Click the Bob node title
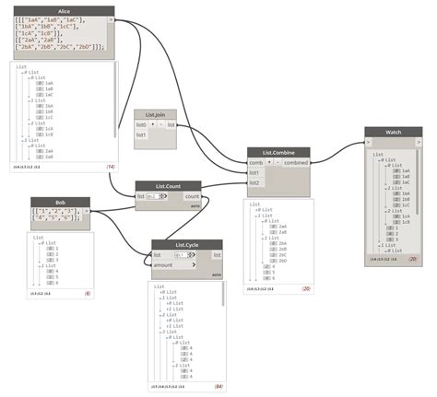click(60, 202)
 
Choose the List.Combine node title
click(278, 152)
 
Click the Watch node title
click(394, 132)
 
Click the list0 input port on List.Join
click(141, 124)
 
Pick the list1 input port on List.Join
click(141, 135)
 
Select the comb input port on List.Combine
click(255, 163)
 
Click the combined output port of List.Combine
click(296, 163)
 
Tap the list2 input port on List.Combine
click(255, 183)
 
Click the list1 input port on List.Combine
click(255, 173)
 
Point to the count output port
click(192, 196)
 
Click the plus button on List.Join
click(152, 124)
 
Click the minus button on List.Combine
click(277, 163)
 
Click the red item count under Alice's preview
click(110, 167)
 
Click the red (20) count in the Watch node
click(413, 260)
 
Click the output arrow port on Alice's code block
click(112, 19)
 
